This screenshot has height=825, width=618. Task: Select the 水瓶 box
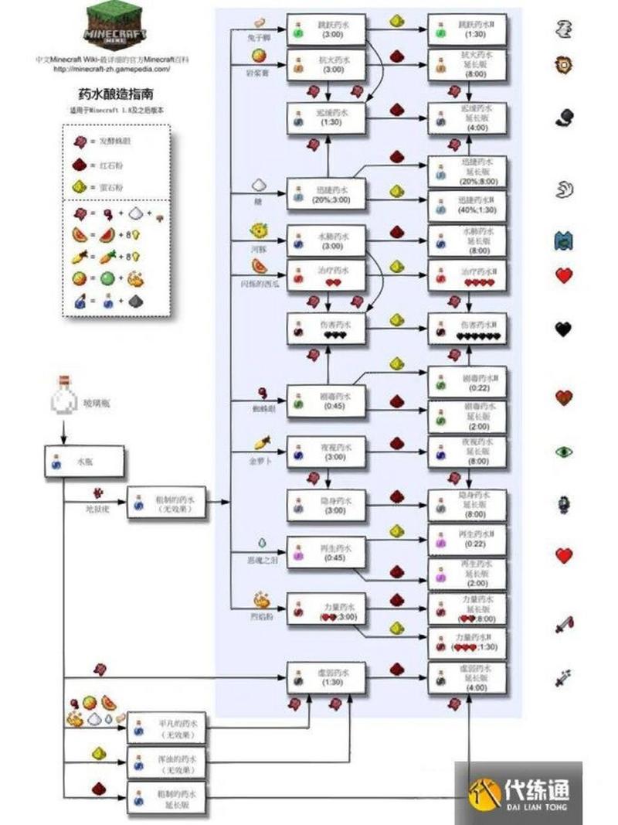pos(83,461)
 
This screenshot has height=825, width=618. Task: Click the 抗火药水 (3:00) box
pos(326,65)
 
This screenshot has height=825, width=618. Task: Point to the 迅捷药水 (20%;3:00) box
pos(326,193)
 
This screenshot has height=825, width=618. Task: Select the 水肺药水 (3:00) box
pos(326,240)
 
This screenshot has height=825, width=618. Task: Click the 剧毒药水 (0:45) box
pos(326,401)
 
